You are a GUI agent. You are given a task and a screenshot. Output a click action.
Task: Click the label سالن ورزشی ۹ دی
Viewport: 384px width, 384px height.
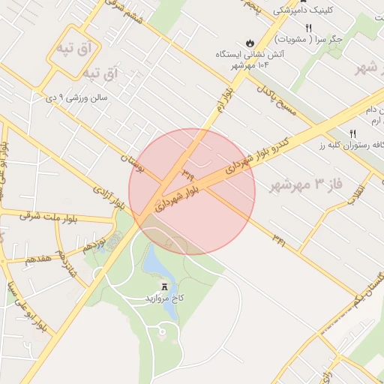coord(78,97)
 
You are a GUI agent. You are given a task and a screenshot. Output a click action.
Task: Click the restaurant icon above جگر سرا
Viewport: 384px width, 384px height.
coord(308,28)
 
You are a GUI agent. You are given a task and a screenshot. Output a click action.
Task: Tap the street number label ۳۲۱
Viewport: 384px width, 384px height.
coord(279,240)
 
